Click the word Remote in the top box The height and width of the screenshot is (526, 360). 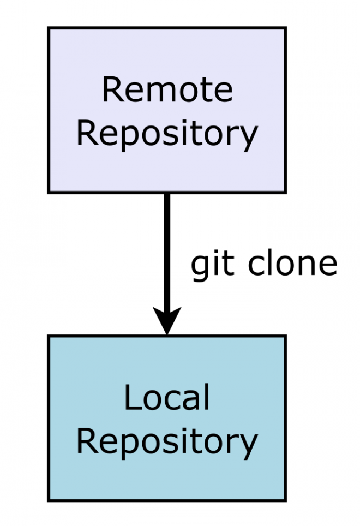point(167,90)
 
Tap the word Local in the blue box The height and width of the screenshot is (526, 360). point(166,398)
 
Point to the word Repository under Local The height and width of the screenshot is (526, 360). point(166,442)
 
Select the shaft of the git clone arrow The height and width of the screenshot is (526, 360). point(167,251)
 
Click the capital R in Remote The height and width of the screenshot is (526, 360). point(111,91)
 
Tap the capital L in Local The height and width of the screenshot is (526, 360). point(130,398)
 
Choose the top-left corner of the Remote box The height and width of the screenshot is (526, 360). point(49,28)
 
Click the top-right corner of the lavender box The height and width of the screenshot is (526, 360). point(285,28)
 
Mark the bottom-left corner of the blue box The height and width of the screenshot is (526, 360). point(49,500)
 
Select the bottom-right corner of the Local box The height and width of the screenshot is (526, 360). point(285,500)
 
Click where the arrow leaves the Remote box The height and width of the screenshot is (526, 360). point(167,193)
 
